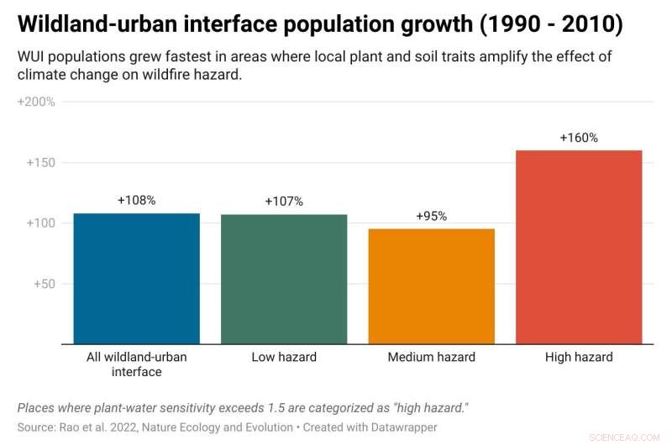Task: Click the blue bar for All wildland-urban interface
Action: click(136, 279)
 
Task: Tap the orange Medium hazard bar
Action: click(431, 286)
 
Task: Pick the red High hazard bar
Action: click(579, 247)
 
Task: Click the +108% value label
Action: click(136, 201)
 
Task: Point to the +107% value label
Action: click(284, 202)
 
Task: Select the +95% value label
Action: click(431, 216)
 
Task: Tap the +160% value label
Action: click(579, 138)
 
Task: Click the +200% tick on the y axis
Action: click(36, 102)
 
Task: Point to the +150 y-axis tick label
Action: click(39, 163)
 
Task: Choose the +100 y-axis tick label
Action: click(39, 223)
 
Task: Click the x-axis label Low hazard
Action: click(284, 357)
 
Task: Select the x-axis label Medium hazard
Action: click(431, 357)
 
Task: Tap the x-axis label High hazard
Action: click(579, 357)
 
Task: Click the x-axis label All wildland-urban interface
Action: click(136, 364)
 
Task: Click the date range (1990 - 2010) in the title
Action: click(551, 24)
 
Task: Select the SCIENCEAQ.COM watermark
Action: click(626, 436)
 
